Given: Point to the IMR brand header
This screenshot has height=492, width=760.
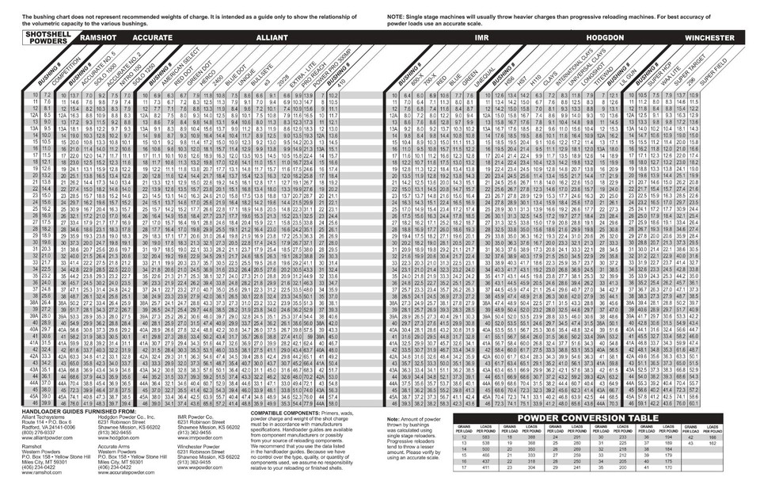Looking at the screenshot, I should pos(481,37).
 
